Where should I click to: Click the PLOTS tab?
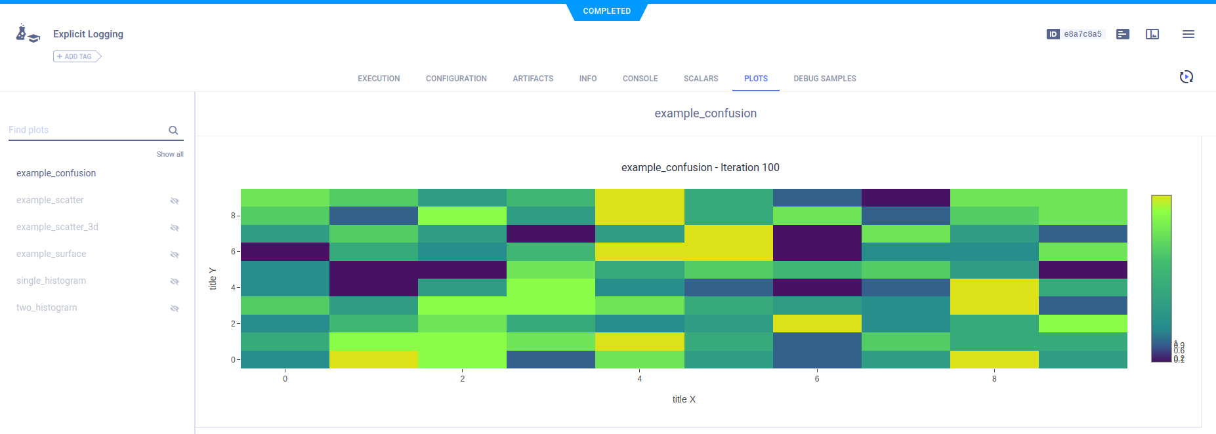[755, 79]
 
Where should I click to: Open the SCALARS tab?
[700, 79]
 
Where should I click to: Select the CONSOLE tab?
[640, 79]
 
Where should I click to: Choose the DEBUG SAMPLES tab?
[824, 79]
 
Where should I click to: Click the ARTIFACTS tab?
[533, 79]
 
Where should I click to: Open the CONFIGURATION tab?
[456, 79]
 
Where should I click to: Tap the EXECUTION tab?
[379, 79]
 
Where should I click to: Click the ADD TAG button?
[77, 57]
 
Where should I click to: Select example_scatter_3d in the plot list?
[57, 227]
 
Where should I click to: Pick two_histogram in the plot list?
[47, 307]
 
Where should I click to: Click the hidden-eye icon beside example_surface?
[175, 254]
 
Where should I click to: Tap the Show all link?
[170, 154]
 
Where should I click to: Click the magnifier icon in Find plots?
[173, 130]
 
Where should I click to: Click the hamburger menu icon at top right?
[1188, 34]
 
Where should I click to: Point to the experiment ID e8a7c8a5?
[1082, 34]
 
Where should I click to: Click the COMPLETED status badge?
[607, 11]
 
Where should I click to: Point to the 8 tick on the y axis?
[233, 216]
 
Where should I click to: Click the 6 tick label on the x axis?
[817, 379]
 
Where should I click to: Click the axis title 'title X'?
[684, 399]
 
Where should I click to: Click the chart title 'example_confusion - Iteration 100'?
[700, 168]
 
